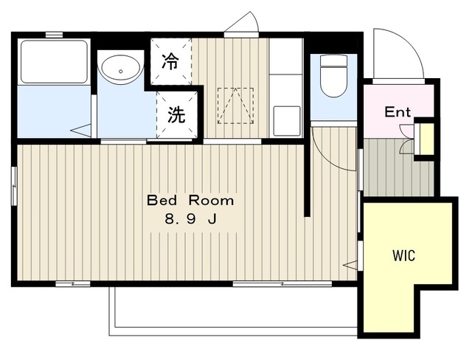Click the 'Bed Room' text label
tap(190, 200)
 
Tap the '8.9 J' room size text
tap(190, 219)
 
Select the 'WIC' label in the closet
tap(403, 256)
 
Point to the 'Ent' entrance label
tap(398, 113)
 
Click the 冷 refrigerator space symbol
tap(170, 62)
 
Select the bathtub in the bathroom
tap(55, 60)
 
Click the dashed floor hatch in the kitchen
tap(235, 105)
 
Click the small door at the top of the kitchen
tap(242, 26)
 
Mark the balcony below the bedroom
tap(234, 308)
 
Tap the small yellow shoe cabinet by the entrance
tap(426, 139)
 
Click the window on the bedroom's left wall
tap(14, 186)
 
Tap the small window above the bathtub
tap(54, 34)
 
